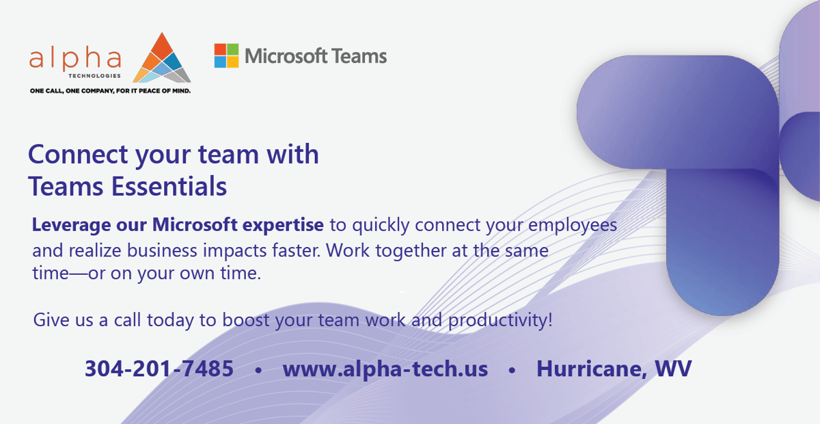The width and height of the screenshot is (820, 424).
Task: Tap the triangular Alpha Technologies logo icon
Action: tap(161, 59)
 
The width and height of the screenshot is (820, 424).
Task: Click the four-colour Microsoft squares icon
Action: tap(226, 56)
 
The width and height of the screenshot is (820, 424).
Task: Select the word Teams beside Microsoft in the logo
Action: tap(358, 56)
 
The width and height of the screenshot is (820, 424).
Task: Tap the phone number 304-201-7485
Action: tap(159, 369)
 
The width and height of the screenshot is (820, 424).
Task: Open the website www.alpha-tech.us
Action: tap(385, 369)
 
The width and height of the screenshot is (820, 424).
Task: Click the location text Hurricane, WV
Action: tap(614, 369)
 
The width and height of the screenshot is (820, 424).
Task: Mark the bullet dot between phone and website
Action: tap(258, 371)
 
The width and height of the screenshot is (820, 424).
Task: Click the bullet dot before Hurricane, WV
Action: tap(512, 371)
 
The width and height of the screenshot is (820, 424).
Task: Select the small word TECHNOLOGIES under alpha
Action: tap(100, 75)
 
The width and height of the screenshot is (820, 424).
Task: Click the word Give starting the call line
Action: tap(49, 320)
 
